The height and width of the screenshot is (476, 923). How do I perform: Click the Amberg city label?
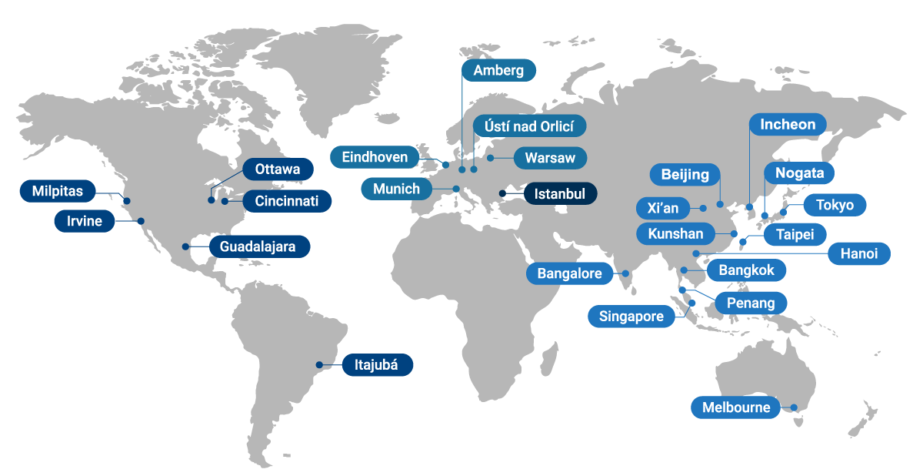coord(498,71)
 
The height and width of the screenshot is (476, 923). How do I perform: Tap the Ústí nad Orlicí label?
coord(529,126)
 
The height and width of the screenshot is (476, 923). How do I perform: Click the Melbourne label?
coord(735,407)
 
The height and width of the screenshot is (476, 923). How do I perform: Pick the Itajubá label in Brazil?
coord(377,365)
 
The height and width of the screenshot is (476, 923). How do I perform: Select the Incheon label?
coord(788,124)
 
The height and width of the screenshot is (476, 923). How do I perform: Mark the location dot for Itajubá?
coord(319,365)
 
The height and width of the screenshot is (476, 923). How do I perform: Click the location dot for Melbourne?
coord(795,408)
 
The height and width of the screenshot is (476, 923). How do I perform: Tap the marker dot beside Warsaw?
coord(490,159)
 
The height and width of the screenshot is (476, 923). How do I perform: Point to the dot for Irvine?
coord(142,221)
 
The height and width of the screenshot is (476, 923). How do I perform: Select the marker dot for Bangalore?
coord(626,273)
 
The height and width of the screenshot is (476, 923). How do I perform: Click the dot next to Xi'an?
coord(703,208)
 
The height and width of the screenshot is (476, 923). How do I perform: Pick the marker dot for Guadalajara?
coord(185,246)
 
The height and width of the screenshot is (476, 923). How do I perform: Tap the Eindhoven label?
coord(375,157)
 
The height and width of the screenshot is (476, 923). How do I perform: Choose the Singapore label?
coord(631,317)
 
